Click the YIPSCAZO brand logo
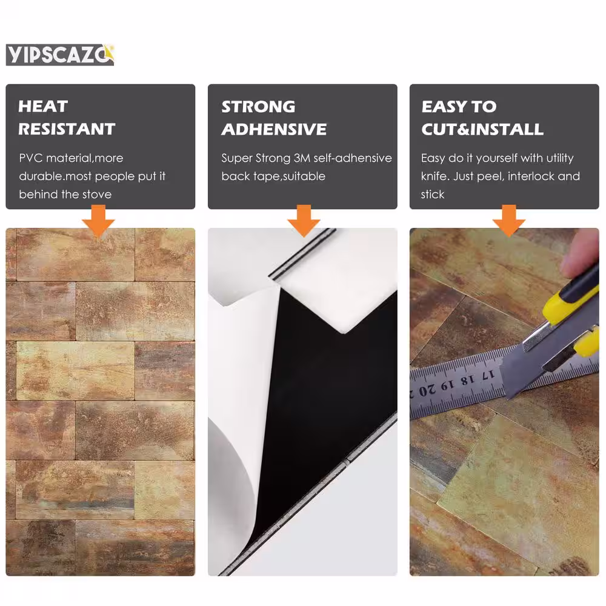[60, 55]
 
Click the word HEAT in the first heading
[43, 106]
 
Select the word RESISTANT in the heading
[67, 129]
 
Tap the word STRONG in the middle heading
[258, 107]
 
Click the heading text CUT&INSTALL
[482, 130]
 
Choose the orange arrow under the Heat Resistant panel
[99, 221]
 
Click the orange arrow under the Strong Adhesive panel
[304, 221]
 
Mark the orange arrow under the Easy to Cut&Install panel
[509, 221]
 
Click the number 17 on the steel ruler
[488, 375]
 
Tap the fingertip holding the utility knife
[579, 253]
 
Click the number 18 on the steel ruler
[468, 381]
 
